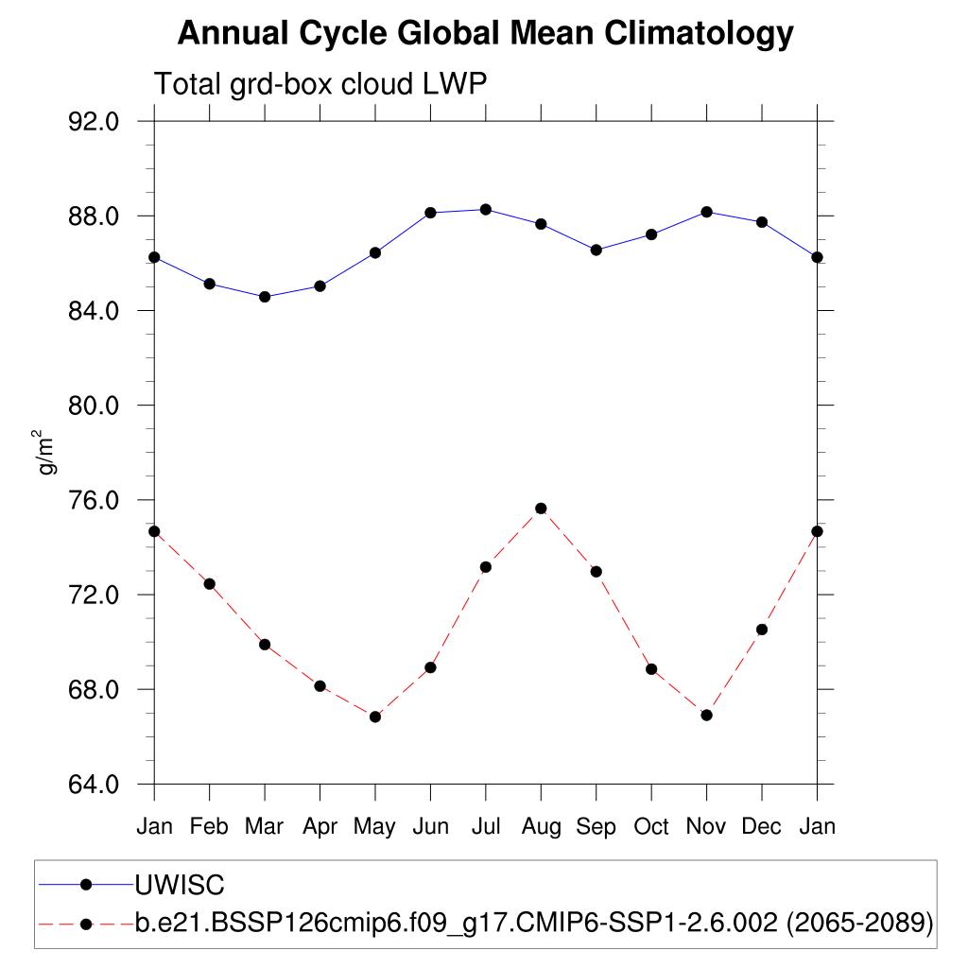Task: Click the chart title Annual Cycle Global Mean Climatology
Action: pyautogui.click(x=485, y=34)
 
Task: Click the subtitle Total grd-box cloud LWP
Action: pyautogui.click(x=320, y=85)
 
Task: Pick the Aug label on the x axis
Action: pyautogui.click(x=541, y=827)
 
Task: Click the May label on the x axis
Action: pyautogui.click(x=374, y=827)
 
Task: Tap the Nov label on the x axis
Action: pyautogui.click(x=706, y=827)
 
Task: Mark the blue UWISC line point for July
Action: pyautogui.click(x=486, y=209)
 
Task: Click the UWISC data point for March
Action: pyautogui.click(x=265, y=297)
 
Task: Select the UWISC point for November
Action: pyautogui.click(x=706, y=212)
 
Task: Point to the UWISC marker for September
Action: pyautogui.click(x=596, y=250)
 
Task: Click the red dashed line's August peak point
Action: pyautogui.click(x=541, y=509)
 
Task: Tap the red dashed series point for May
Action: pyautogui.click(x=375, y=717)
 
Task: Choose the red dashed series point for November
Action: pyautogui.click(x=706, y=715)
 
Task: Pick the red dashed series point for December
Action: pyautogui.click(x=762, y=630)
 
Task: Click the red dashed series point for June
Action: pyautogui.click(x=430, y=667)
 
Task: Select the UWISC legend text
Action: pyautogui.click(x=180, y=886)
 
